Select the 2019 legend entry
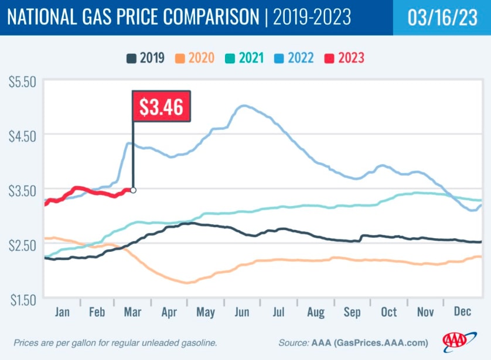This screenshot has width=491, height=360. coord(146,58)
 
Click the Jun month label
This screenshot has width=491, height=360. coord(242,312)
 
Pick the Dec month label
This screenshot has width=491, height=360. coord(463,312)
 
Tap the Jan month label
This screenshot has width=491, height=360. coord(62,312)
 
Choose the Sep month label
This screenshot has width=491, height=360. coord(352,312)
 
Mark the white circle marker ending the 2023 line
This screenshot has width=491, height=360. coord(133,190)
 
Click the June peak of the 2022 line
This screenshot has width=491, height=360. coord(243,106)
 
